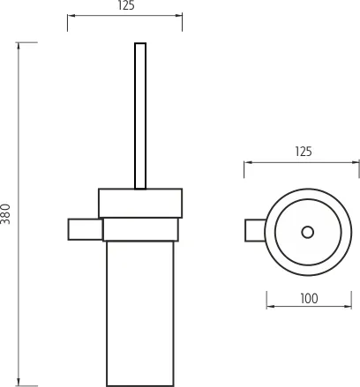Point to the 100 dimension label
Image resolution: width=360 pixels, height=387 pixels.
tap(308, 298)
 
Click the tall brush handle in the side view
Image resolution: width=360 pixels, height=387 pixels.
tap(139, 115)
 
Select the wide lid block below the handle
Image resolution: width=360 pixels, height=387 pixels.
tap(139, 204)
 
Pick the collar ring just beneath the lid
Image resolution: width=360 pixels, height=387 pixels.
tap(141, 230)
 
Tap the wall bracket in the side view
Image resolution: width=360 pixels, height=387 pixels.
tap(85, 227)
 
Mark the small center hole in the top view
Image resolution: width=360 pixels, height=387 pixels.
tap(307, 232)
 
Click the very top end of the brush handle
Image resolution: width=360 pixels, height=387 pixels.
tap(139, 43)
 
